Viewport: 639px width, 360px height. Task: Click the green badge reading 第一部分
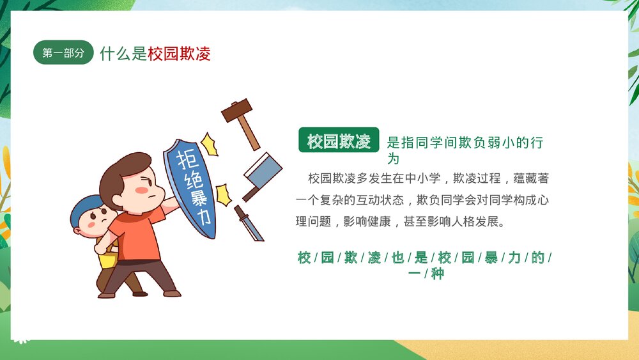pyautogui.click(x=63, y=54)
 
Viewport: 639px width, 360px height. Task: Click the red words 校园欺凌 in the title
pyautogui.click(x=179, y=54)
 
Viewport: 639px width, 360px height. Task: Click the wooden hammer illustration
pyautogui.click(x=241, y=120)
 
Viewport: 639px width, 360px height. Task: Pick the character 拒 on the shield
pyautogui.click(x=186, y=157)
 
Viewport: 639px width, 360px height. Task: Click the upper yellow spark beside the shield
pyautogui.click(x=209, y=143)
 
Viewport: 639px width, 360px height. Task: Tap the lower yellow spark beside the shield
pyautogui.click(x=223, y=193)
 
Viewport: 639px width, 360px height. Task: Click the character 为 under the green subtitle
pyautogui.click(x=394, y=158)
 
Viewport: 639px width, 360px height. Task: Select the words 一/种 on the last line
pyautogui.click(x=426, y=274)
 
